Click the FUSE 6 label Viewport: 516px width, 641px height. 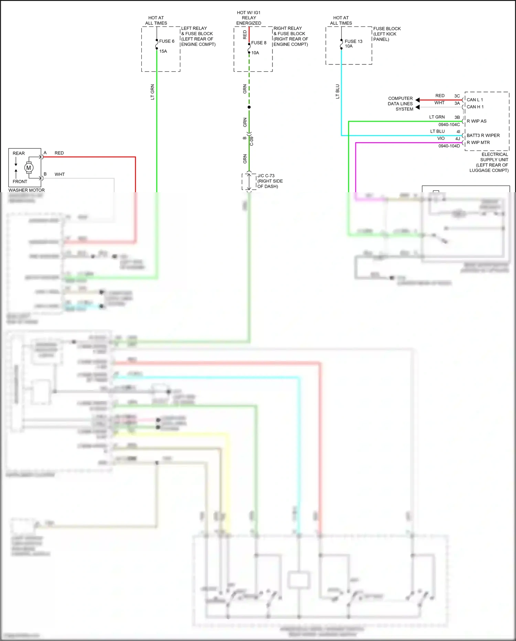click(166, 41)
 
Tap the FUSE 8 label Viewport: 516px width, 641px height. click(259, 43)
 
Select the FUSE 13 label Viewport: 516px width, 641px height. click(353, 41)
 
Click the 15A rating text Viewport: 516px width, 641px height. click(163, 51)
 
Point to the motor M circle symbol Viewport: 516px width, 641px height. click(29, 168)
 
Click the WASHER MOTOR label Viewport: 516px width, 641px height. click(26, 190)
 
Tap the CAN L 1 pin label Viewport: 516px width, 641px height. click(475, 100)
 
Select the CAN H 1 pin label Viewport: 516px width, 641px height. click(475, 107)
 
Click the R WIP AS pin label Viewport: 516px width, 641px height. click(476, 121)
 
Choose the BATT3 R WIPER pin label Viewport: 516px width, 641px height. click(483, 135)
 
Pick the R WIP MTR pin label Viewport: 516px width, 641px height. click(478, 143)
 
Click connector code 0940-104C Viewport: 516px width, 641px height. click(449, 125)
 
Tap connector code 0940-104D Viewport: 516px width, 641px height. click(449, 146)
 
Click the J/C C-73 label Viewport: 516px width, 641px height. click(266, 176)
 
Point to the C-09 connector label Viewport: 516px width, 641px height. click(251, 141)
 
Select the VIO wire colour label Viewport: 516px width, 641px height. click(441, 138)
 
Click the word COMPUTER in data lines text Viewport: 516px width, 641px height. click(400, 99)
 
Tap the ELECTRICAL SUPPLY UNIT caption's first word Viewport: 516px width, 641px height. click(495, 154)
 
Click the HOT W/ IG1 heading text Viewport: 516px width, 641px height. click(248, 13)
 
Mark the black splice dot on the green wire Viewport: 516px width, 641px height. click(249, 107)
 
